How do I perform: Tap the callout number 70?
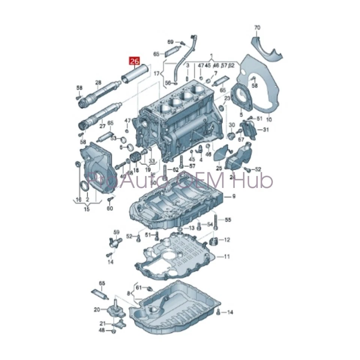coord(257,28)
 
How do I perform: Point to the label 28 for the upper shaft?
coord(98,82)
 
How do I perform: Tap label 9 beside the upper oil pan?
coord(234,196)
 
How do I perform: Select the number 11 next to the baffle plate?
coord(226,257)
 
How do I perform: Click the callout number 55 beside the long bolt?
coord(228,220)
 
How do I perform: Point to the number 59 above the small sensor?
coord(116,232)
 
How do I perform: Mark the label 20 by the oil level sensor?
coord(97,309)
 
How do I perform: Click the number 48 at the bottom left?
coord(102,330)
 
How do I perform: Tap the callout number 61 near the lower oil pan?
coord(138,288)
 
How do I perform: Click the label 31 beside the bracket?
coord(265,130)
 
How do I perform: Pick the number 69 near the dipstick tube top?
coord(170,42)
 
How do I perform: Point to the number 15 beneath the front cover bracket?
coord(87,209)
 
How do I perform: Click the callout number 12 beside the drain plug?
coord(227,240)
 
